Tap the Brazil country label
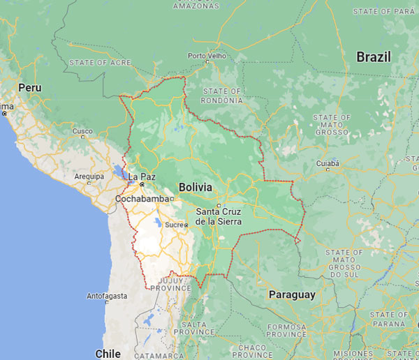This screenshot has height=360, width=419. [x=374, y=57]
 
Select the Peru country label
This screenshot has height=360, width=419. [x=30, y=88]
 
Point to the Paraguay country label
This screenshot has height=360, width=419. [x=292, y=294]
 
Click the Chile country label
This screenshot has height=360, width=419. [x=108, y=354]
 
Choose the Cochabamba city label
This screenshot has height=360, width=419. [x=142, y=198]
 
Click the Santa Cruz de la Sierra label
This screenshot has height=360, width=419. [x=219, y=216]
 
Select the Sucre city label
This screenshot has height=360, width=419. [x=175, y=225]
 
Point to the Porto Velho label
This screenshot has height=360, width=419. [x=207, y=56]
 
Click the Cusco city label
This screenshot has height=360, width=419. [x=82, y=131]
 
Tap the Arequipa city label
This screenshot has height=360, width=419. [x=89, y=177]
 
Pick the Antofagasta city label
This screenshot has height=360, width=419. [x=107, y=296]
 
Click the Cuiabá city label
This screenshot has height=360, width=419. [x=328, y=163]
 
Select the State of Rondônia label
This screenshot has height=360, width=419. [x=221, y=96]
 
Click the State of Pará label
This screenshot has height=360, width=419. [x=383, y=11]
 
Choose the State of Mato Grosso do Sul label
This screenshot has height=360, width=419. [x=344, y=262]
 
